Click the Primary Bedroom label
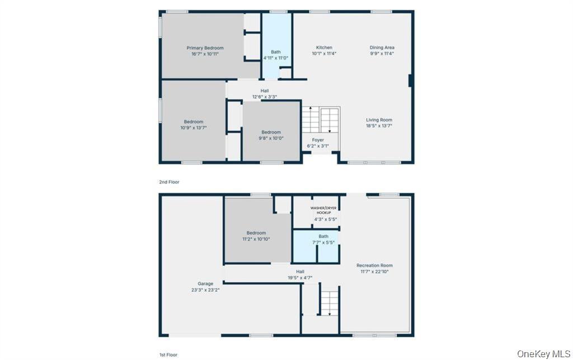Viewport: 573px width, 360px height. (205, 48)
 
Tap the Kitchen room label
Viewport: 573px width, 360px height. (324, 48)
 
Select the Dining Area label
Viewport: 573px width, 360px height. (382, 48)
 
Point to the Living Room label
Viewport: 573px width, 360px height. (379, 120)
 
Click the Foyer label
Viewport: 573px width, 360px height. (318, 140)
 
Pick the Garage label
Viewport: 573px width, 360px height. (205, 284)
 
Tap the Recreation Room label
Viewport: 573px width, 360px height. (374, 265)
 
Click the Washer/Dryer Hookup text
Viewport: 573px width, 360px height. (323, 210)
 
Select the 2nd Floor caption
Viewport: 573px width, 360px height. (169, 181)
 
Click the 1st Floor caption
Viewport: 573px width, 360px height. (168, 354)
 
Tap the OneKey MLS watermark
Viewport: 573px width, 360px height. (544, 353)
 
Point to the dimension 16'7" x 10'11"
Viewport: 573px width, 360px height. (205, 54)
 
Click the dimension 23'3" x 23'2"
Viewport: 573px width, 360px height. (205, 290)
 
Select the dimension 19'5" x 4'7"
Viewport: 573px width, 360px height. (300, 278)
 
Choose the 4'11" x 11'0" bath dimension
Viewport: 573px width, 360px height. (276, 58)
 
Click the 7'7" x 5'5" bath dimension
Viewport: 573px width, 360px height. (323, 242)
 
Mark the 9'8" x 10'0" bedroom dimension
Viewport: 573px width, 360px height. (271, 138)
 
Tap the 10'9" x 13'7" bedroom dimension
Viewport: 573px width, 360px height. (194, 128)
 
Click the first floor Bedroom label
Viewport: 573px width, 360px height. (256, 233)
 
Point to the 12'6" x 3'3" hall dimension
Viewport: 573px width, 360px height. (265, 97)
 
